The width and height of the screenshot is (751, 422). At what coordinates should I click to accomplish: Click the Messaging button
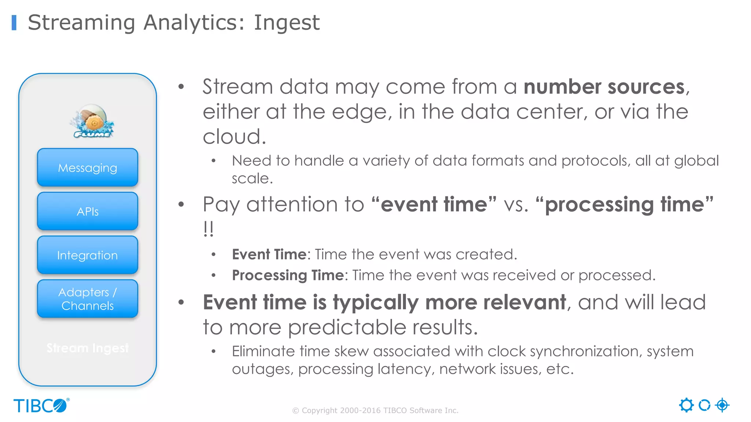[x=88, y=168]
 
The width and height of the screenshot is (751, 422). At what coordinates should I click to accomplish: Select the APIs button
[x=88, y=211]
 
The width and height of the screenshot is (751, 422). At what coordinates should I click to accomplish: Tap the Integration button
[x=88, y=255]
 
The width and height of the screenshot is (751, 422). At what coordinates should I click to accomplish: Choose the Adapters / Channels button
[x=88, y=299]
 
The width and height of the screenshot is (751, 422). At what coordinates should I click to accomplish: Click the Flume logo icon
[x=92, y=121]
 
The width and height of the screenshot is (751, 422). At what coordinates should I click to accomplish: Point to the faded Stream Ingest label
[x=88, y=348]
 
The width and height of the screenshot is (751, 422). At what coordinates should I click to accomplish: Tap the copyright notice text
[x=375, y=411]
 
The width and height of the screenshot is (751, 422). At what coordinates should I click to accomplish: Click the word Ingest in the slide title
[x=287, y=23]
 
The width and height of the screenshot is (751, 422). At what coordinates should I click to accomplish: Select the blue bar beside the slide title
[x=14, y=23]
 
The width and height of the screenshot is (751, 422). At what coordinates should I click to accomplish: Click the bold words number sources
[x=604, y=87]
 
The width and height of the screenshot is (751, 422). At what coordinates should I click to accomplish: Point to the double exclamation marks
[x=208, y=229]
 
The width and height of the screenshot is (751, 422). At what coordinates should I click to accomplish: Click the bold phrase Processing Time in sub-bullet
[x=288, y=275]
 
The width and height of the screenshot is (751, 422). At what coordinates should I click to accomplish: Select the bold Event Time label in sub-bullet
[x=269, y=254]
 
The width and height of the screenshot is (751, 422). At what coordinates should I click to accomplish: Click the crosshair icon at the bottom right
[x=722, y=405]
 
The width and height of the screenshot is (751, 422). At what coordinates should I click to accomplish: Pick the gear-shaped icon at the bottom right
[x=686, y=405]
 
